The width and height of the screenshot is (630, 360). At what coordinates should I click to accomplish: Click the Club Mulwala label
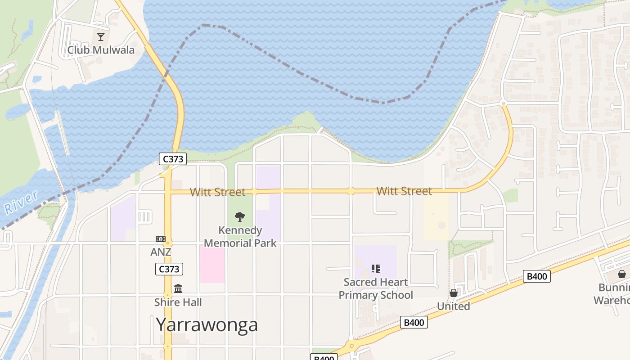point(101,49)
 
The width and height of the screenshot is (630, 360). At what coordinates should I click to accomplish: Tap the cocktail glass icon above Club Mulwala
point(101,36)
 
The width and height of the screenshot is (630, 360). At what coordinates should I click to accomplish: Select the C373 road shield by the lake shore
point(172,158)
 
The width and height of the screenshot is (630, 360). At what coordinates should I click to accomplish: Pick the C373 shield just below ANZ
point(169,269)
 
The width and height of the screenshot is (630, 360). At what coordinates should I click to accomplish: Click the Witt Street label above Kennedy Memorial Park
point(217,192)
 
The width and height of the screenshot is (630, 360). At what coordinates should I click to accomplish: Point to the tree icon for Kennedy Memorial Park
point(240,217)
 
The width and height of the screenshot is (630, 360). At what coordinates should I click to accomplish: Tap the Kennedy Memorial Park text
point(240,237)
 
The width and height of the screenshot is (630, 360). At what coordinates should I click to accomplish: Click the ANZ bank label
point(161,252)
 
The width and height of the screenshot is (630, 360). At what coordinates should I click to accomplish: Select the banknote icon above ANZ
point(161,239)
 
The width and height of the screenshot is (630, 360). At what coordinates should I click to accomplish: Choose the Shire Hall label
point(178,302)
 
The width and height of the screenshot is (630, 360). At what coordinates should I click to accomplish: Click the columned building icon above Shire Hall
point(178,288)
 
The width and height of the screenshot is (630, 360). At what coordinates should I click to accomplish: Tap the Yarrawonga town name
point(207,324)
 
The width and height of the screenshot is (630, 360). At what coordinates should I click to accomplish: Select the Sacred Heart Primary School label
point(376,288)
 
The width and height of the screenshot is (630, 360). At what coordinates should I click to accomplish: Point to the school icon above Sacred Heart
point(376,269)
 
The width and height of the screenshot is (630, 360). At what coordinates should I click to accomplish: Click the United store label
point(454,306)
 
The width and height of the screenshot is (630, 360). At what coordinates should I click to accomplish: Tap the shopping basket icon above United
point(454,293)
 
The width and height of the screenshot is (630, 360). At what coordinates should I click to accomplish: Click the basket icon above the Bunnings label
point(621,274)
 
